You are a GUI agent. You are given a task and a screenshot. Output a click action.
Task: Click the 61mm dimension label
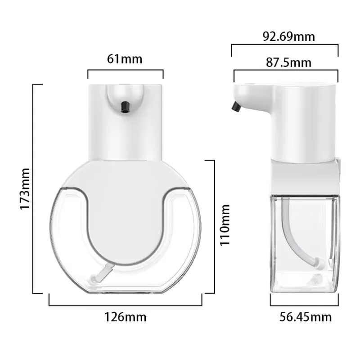click(125, 59)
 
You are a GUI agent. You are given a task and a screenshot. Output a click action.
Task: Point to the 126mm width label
click(126, 317)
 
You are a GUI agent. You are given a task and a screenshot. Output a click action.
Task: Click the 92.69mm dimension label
click(289, 36)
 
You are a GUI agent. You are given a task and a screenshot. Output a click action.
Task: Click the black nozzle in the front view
click(125, 106)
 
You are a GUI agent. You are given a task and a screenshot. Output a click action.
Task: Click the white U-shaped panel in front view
click(125, 216)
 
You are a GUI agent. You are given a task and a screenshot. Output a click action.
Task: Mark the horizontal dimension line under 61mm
click(125, 70)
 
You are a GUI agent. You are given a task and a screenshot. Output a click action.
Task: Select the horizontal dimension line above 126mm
click(126, 305)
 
